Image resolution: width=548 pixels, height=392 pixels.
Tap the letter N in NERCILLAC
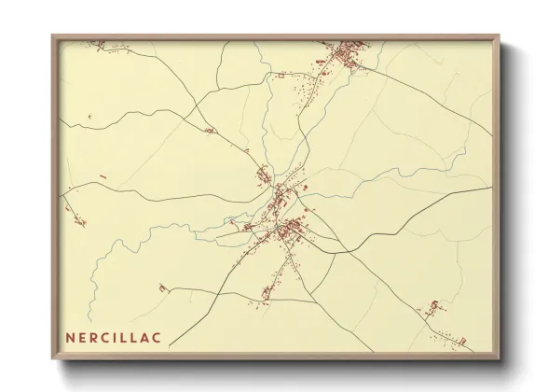(70, 335)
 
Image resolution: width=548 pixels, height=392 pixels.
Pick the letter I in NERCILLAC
(119, 335)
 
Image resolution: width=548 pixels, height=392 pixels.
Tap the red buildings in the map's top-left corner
(96, 44)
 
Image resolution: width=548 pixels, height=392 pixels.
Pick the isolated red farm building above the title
(163, 288)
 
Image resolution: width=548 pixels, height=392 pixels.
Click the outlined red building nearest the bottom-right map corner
(434, 307)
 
